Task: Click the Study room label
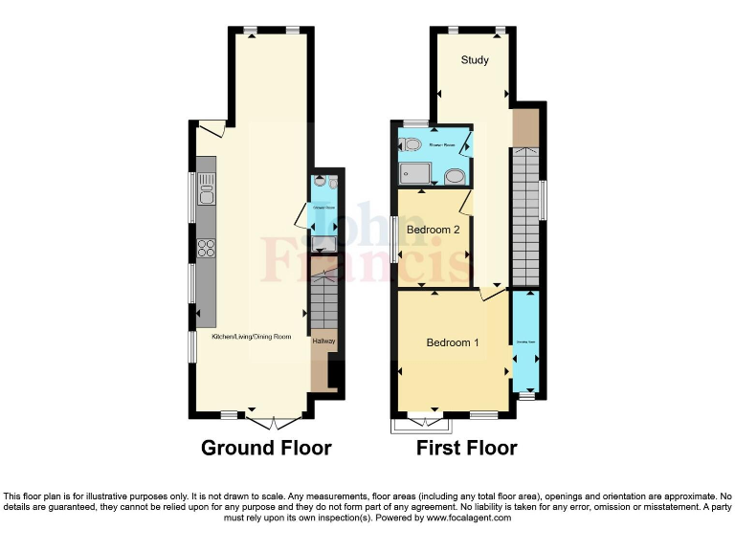coord(475,60)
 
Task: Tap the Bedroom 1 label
coord(453,342)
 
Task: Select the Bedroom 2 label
coord(434,230)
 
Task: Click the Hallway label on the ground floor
coord(323,341)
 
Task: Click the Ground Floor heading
coord(266,448)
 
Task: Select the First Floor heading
coord(466,448)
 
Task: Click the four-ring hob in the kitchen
coord(206,248)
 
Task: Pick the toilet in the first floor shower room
coord(411,145)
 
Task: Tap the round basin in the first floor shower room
coord(455,176)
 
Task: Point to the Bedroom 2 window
coord(395,239)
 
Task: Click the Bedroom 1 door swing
coord(493,294)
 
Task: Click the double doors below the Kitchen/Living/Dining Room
coord(274,420)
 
